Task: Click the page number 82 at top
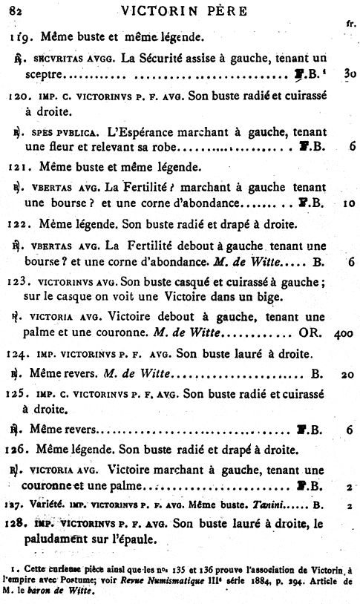[x=17, y=10]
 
